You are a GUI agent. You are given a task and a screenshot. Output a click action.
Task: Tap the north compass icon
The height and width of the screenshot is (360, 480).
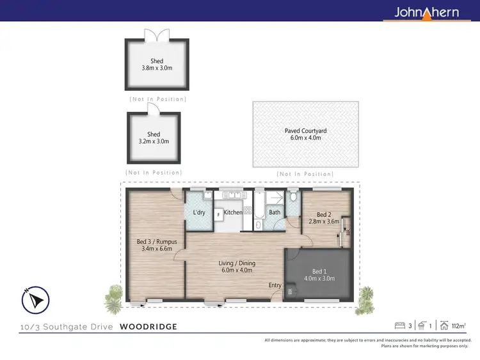coord(36,300)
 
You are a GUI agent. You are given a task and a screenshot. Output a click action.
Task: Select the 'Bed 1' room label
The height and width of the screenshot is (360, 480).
coord(319,270)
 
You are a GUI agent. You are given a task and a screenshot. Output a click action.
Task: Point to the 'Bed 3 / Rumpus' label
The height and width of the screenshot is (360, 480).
coord(157,242)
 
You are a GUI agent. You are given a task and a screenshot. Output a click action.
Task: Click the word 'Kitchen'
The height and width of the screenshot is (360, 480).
coord(233,212)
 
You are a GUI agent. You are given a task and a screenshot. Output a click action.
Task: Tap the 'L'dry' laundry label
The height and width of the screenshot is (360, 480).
coord(199,212)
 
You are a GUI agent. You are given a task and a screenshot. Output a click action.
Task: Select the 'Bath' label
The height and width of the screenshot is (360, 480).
coord(275,212)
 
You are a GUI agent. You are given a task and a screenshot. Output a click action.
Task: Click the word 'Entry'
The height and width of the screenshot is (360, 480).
coord(275,285)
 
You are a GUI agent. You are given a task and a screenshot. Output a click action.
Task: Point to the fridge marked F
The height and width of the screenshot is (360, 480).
coord(218,214)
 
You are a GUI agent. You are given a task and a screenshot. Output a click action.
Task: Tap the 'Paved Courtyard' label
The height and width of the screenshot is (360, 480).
coord(305,130)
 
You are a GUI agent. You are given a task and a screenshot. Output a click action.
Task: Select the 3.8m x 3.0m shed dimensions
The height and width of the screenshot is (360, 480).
coord(157,68)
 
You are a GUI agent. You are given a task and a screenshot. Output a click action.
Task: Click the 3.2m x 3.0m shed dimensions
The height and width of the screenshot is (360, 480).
coord(154,141)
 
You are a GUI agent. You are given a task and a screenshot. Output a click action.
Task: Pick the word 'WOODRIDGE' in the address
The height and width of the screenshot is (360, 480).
coord(148,327)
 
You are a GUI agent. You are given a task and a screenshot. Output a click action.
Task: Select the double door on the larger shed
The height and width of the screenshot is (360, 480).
coord(157,34)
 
